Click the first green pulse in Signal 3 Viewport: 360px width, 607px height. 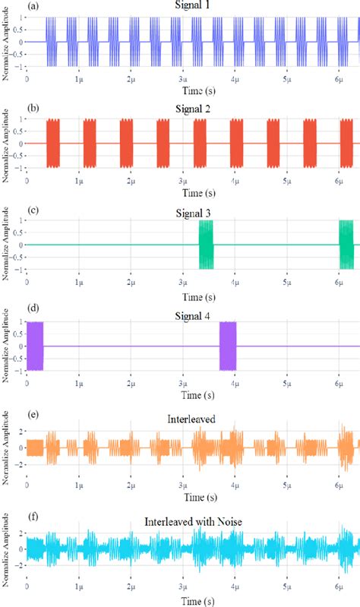pos(207,245)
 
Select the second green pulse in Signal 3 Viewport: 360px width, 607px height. pos(346,245)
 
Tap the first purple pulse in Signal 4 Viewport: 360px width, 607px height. pos(35,346)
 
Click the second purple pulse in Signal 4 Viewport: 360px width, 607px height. pos(228,346)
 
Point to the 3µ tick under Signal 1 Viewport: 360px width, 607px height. pos(182,78)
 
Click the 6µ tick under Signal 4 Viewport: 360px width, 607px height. pos(339,384)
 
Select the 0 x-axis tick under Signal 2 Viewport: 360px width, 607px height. pos(27,180)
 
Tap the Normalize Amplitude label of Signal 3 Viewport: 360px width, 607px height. pos(7,245)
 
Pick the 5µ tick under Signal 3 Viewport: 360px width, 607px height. pos(286,282)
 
